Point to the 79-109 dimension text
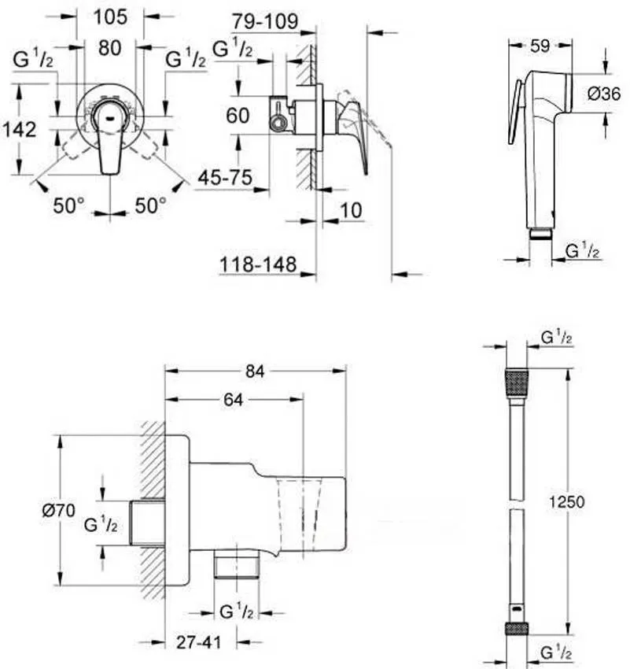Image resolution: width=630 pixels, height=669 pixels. [266, 22]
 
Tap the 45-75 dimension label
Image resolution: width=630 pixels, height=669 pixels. [224, 179]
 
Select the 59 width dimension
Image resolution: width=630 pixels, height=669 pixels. [539, 46]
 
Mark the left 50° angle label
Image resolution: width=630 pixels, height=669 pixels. [68, 205]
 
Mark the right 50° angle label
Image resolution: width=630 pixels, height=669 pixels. [149, 205]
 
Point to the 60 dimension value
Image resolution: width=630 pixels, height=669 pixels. [237, 116]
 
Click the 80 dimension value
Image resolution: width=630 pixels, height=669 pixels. [110, 48]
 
